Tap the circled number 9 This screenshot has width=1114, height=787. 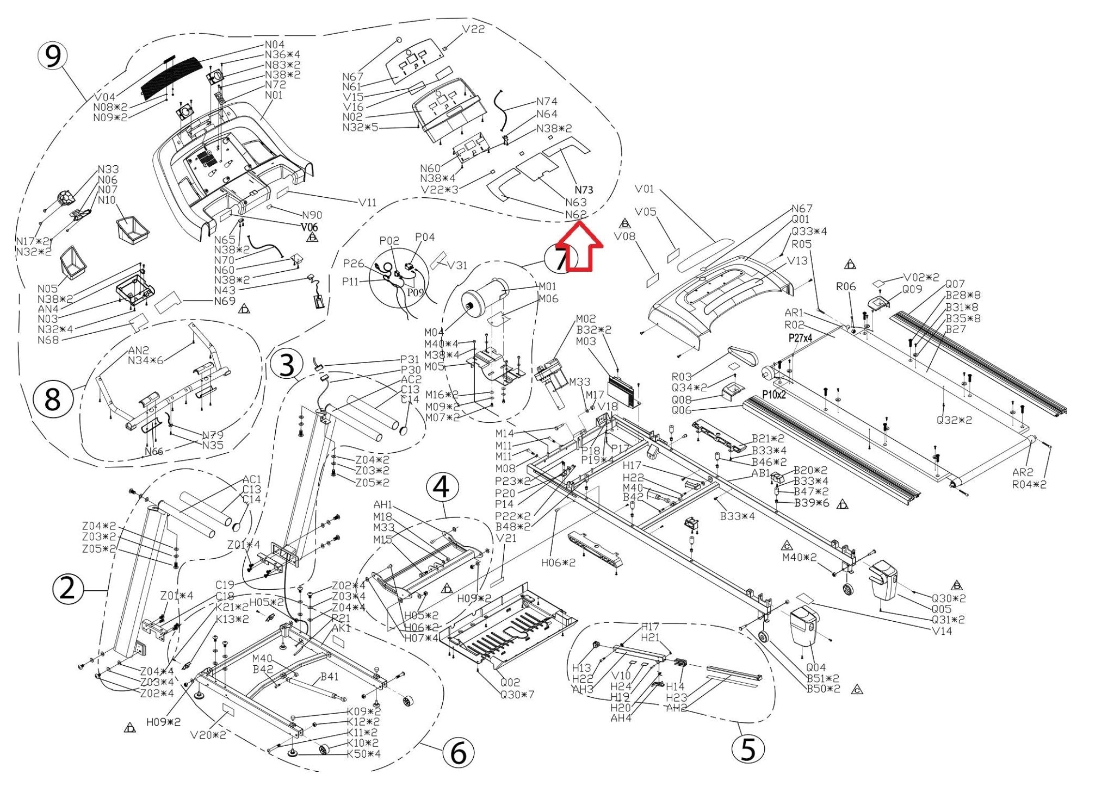pyautogui.click(x=52, y=56)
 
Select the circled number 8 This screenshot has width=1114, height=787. pyautogui.click(x=52, y=399)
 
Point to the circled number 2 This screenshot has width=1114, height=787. pyautogui.click(x=67, y=589)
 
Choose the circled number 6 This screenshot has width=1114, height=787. pyautogui.click(x=458, y=752)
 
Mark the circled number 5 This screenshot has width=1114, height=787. pyautogui.click(x=748, y=749)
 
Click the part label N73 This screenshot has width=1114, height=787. pyautogui.click(x=584, y=190)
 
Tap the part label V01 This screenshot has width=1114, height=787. pyautogui.click(x=645, y=189)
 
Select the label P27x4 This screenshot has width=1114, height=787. pyautogui.click(x=800, y=338)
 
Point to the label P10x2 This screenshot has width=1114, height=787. pyautogui.click(x=773, y=395)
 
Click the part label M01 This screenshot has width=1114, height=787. pyautogui.click(x=548, y=286)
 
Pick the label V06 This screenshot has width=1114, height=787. pyautogui.click(x=310, y=227)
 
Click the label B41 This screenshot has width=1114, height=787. pyautogui.click(x=329, y=677)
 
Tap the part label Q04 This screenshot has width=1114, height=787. pyautogui.click(x=815, y=667)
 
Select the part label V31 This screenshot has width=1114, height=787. pyautogui.click(x=457, y=265)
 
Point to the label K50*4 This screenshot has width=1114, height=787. pyautogui.click(x=364, y=754)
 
